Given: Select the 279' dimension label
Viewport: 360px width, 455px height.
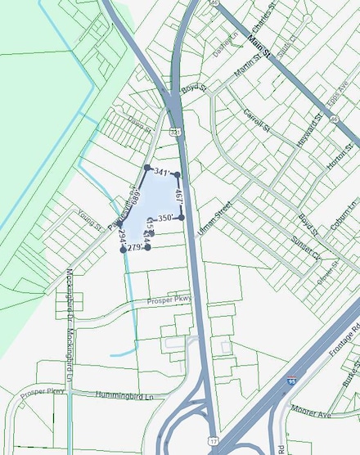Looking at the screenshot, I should pyautogui.click(x=136, y=247).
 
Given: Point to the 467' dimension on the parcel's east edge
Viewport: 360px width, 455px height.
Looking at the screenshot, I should pyautogui.click(x=178, y=196).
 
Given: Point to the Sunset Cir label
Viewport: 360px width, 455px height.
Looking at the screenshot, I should pyautogui.click(x=304, y=250).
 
